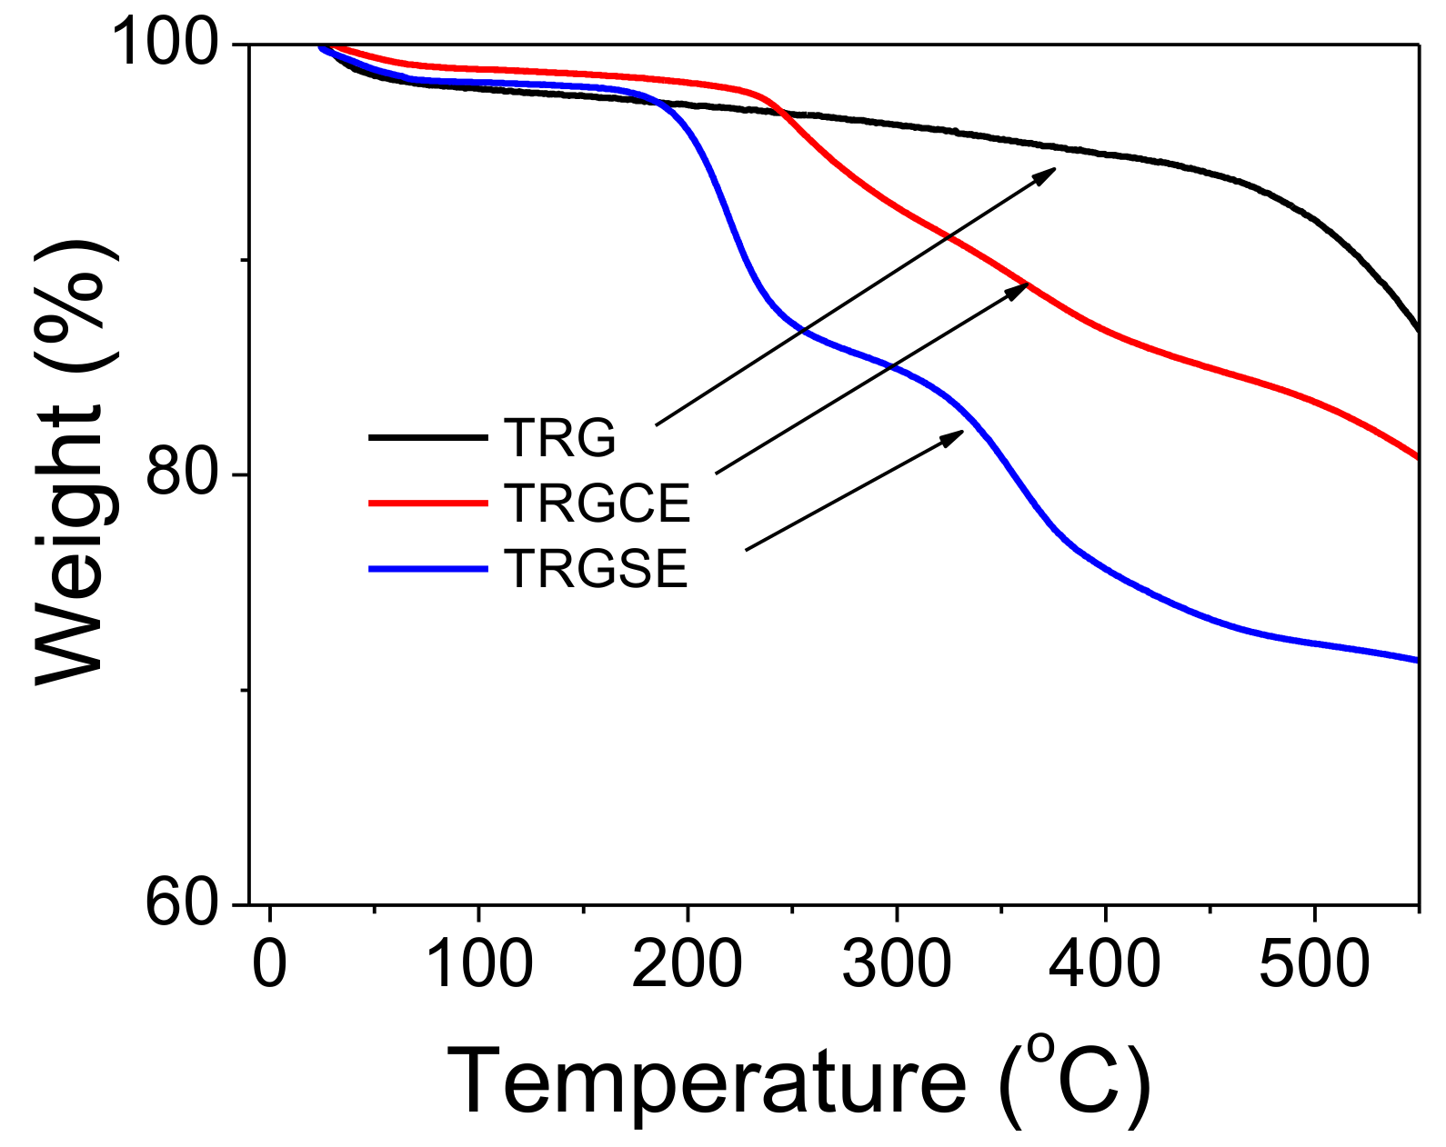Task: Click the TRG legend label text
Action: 559,438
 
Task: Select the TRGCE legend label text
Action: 597,503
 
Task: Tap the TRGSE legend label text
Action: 596,569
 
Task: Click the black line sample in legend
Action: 427,438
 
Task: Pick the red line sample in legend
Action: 427,503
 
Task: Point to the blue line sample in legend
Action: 427,569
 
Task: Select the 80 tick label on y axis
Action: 182,474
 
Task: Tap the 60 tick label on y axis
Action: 182,903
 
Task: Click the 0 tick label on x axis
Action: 269,963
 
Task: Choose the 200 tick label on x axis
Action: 687,963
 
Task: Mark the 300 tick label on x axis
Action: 896,963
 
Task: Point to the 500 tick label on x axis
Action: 1313,963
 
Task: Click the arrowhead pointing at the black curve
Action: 1046,174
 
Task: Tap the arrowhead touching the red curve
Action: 1018,289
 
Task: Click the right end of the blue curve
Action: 1417,660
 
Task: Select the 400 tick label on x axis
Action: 1104,963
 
